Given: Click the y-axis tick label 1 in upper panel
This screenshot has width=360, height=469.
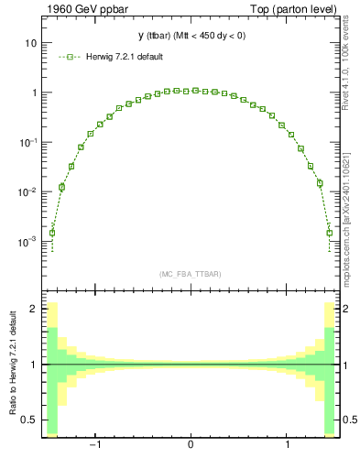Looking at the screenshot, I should pos(33,93).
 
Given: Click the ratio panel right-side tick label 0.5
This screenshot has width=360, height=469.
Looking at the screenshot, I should pos(349,420).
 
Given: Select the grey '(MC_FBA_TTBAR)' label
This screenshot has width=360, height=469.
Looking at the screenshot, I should pos(190,275).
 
